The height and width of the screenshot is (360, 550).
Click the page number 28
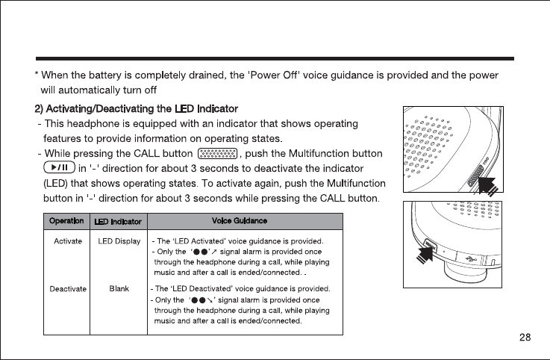pyautogui.click(x=525, y=337)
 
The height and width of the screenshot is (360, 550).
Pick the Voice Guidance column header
pyautogui.click(x=241, y=220)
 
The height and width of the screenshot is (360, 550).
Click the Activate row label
pyautogui.click(x=68, y=241)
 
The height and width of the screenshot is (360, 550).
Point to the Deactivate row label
pyautogui.click(x=68, y=288)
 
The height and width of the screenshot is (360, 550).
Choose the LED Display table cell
pyautogui.click(x=119, y=241)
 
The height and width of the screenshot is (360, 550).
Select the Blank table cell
pyautogui.click(x=119, y=288)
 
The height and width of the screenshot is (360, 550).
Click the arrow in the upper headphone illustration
pyautogui.click(x=490, y=183)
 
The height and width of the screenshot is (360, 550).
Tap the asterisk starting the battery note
pyautogui.click(x=37, y=76)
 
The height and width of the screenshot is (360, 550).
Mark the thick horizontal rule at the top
pyautogui.click(x=275, y=58)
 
